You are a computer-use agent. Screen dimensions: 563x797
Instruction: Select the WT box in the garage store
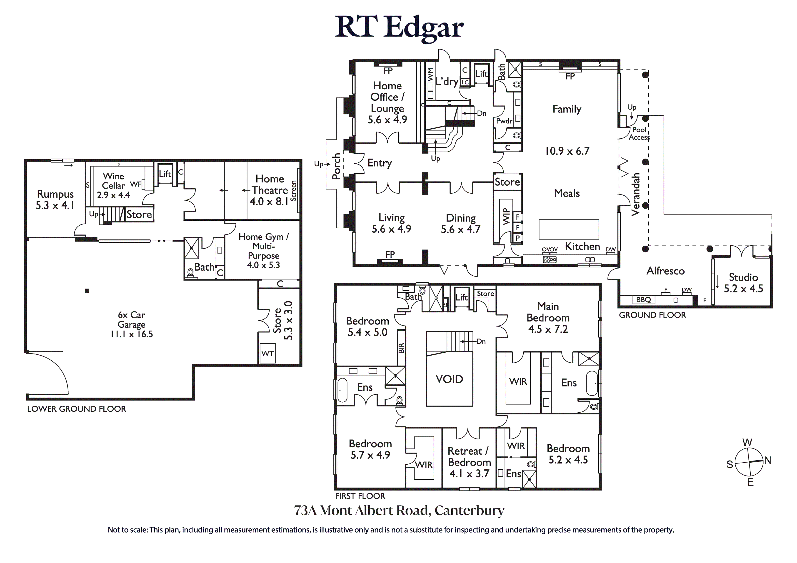(268, 354)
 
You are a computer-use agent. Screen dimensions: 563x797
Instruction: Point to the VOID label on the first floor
(449, 379)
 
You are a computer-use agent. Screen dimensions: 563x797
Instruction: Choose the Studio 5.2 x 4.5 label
(743, 283)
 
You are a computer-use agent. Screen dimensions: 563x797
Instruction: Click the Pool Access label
(639, 133)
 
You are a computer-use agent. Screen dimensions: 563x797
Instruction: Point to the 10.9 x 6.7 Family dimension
(567, 151)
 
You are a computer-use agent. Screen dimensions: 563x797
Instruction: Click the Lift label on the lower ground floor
(165, 174)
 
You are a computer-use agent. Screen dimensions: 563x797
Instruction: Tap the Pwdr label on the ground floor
(504, 121)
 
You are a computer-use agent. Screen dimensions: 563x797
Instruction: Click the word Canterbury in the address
(469, 511)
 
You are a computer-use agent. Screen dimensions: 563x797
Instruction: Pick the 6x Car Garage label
(132, 320)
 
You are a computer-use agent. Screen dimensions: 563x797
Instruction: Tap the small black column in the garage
(87, 291)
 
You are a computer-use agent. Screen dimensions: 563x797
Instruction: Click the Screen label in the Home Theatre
(293, 191)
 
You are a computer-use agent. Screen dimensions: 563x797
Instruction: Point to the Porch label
(336, 166)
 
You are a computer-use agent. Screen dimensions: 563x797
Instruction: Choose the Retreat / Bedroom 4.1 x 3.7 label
(469, 462)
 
